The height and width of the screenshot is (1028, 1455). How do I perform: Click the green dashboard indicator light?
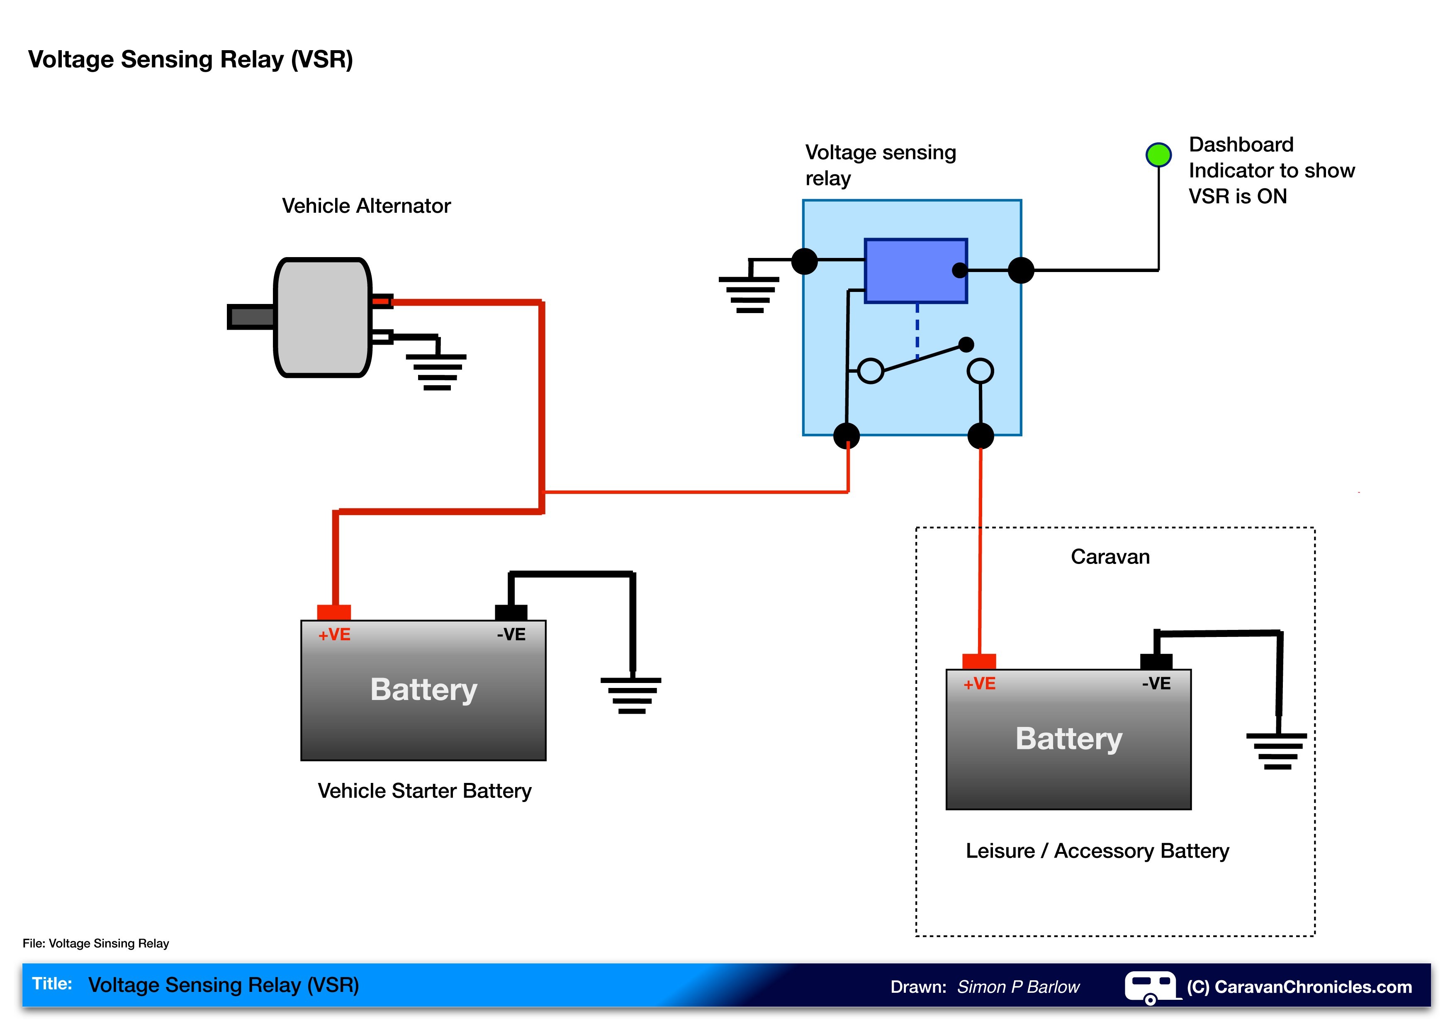[x=1158, y=155]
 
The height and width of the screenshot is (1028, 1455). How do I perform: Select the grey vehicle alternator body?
[x=323, y=317]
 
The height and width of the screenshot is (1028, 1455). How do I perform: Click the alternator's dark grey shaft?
[x=251, y=317]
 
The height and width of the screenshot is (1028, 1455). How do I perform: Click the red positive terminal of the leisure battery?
[x=979, y=662]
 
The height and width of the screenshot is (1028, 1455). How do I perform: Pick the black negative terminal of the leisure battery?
[x=1156, y=662]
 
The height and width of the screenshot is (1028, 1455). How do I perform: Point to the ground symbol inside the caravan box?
[x=1277, y=751]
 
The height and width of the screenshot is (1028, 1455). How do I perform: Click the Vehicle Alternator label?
[x=366, y=206]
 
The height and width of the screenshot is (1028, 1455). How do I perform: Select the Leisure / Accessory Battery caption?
[x=1097, y=851]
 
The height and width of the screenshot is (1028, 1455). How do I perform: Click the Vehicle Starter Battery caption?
[x=425, y=791]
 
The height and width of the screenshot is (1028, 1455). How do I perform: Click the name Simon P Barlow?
[x=1018, y=987]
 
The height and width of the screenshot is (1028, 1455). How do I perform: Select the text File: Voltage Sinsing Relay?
[x=96, y=943]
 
